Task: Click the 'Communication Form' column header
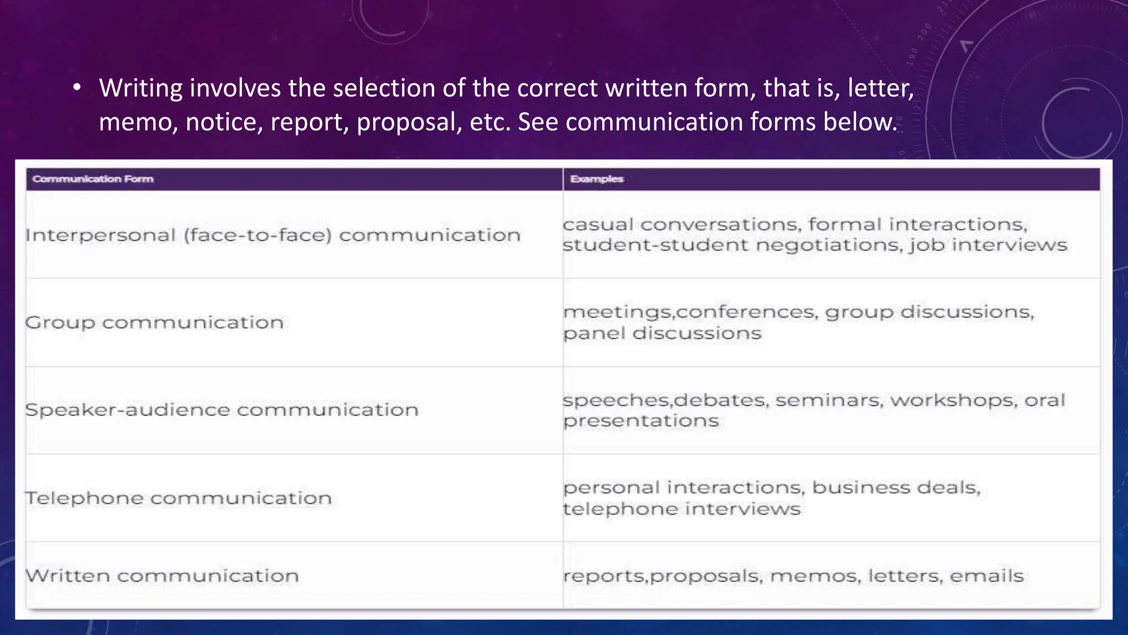(93, 179)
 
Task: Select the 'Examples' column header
(596, 179)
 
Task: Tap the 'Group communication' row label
(154, 322)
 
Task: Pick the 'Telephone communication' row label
(178, 498)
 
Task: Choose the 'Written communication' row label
(162, 576)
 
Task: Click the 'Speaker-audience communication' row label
(222, 410)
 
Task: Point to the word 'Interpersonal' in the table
(100, 236)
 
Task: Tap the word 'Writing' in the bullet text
(140, 89)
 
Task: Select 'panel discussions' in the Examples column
(662, 333)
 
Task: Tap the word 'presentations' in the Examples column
(641, 421)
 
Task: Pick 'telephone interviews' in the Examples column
(681, 509)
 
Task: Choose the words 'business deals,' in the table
(896, 488)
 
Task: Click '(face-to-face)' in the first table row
(258, 236)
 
